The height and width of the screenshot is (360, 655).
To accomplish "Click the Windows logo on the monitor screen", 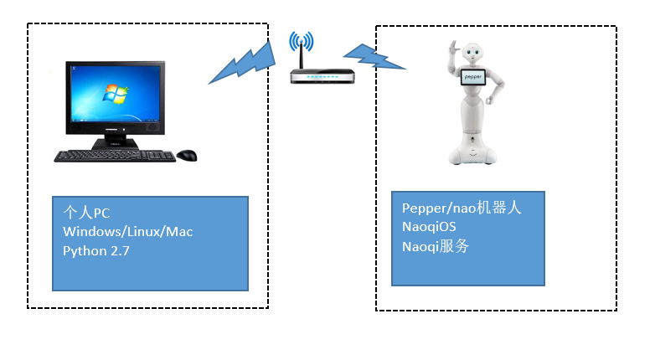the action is pyautogui.click(x=116, y=95).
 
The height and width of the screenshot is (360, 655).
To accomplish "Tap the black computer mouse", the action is pyautogui.click(x=187, y=156).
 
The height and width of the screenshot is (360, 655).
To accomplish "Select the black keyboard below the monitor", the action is pyautogui.click(x=115, y=157).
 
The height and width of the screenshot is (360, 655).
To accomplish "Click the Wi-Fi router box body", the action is pyautogui.click(x=322, y=77).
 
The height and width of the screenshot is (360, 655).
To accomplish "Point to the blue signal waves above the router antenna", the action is pyautogui.click(x=302, y=41).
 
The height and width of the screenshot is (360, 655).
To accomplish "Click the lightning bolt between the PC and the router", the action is pyautogui.click(x=242, y=63).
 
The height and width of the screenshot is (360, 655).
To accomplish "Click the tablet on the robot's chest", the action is pyautogui.click(x=473, y=77).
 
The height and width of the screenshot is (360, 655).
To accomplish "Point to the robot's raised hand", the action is pyautogui.click(x=453, y=47).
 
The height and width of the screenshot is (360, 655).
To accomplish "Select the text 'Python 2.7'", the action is pyautogui.click(x=96, y=251).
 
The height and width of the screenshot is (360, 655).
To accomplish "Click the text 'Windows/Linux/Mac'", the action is pyautogui.click(x=128, y=232).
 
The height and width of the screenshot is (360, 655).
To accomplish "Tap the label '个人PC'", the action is pyautogui.click(x=86, y=213).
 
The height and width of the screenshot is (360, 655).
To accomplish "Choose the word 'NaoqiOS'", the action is pyautogui.click(x=429, y=227).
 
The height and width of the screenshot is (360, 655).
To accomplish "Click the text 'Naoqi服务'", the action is pyautogui.click(x=436, y=246).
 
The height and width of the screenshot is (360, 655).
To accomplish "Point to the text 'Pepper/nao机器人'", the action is pyautogui.click(x=462, y=208).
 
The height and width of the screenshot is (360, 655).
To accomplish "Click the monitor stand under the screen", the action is pyautogui.click(x=115, y=140).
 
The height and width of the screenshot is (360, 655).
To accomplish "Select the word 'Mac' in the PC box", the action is pyautogui.click(x=179, y=232).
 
